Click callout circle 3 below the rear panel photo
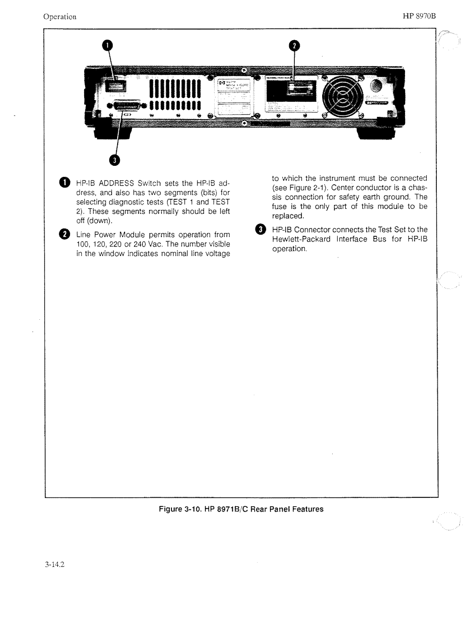pyautogui.click(x=114, y=160)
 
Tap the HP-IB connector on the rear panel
pyautogui.click(x=127, y=106)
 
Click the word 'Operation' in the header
pyautogui.click(x=60, y=17)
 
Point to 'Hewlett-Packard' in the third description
pyautogui.click(x=301, y=239)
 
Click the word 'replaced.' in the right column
pyautogui.click(x=288, y=216)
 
